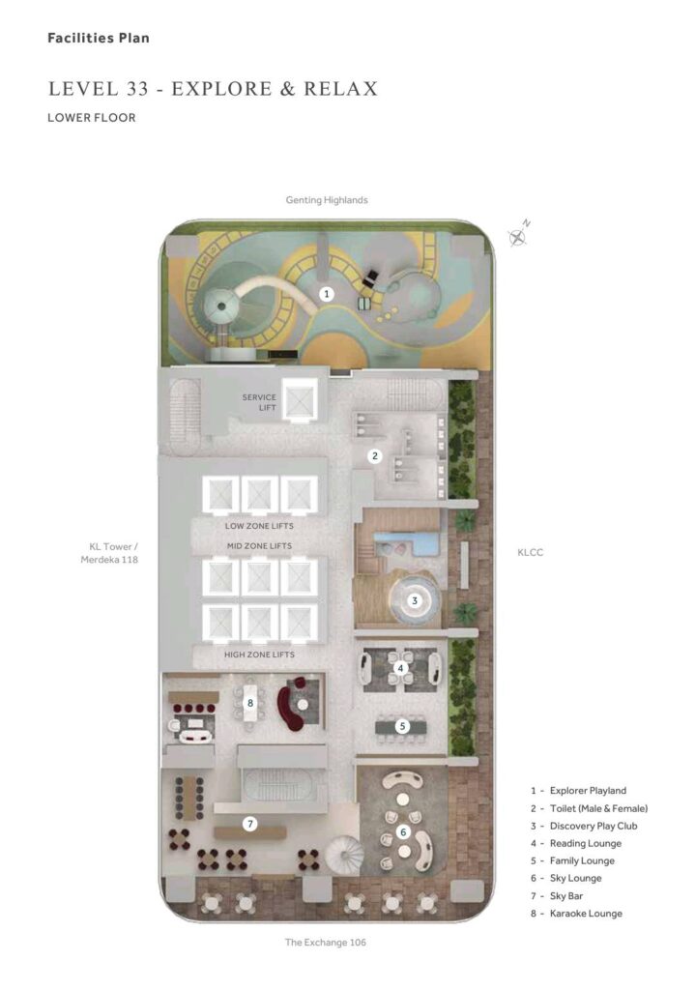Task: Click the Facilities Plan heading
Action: coord(99,38)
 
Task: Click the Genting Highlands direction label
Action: coord(327,200)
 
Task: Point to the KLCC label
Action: coord(531,552)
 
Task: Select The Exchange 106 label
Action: coord(325,942)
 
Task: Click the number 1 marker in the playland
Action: coord(327,294)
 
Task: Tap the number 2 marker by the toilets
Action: coord(375,456)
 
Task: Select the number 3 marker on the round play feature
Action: coord(415,600)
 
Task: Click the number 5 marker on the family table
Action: coord(403,726)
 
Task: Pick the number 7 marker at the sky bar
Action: coord(250,824)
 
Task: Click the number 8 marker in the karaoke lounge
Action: coord(250,703)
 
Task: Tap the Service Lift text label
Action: coord(259,402)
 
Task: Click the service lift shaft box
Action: coord(300,400)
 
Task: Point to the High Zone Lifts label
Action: coord(259,655)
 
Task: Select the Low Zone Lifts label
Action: coord(259,526)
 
